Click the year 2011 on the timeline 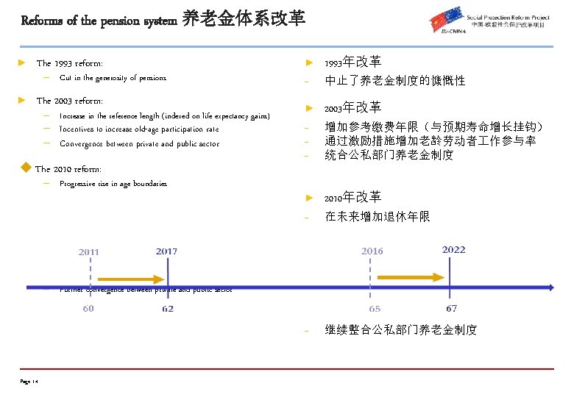click(89, 252)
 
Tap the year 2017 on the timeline click(166, 251)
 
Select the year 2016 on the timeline click(372, 251)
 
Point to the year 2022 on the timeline click(453, 250)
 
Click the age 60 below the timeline click(88, 309)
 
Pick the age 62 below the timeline click(168, 309)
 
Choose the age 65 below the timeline click(375, 309)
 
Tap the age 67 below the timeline click(451, 309)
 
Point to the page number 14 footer click(30, 381)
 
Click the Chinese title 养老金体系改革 click(244, 18)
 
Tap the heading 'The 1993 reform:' click(70, 64)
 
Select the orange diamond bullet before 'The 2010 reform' click(26, 168)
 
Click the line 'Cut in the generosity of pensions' click(113, 78)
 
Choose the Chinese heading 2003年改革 click(353, 107)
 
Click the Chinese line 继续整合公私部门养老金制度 click(401, 330)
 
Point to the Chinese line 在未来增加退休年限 click(377, 217)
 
